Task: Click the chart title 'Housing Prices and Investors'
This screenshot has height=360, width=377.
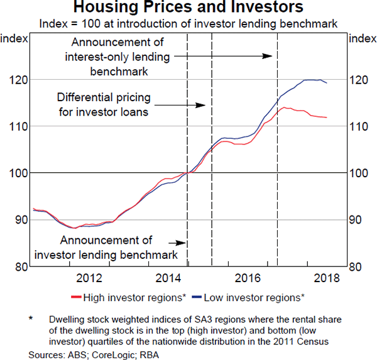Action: pos(188,8)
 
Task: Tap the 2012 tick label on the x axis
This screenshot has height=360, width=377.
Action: pos(88,278)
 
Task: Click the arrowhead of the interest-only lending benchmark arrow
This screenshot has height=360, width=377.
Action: pos(271,56)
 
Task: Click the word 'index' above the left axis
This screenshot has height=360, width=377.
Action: pos(13,39)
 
